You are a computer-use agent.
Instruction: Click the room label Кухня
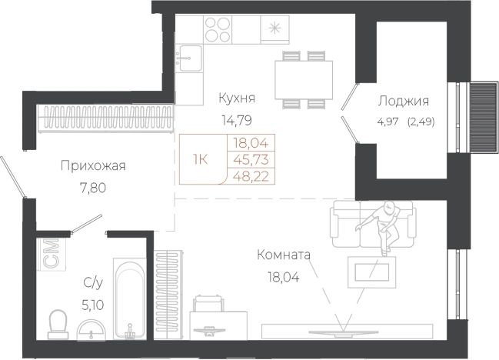[x=236, y=98]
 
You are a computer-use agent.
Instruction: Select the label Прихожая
[x=92, y=165]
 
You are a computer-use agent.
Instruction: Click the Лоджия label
[x=403, y=101]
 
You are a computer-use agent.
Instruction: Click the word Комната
[x=284, y=255]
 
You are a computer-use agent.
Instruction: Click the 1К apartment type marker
[x=201, y=158]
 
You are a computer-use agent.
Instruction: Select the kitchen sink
[x=189, y=58]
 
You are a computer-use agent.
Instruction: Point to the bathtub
[x=128, y=300]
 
